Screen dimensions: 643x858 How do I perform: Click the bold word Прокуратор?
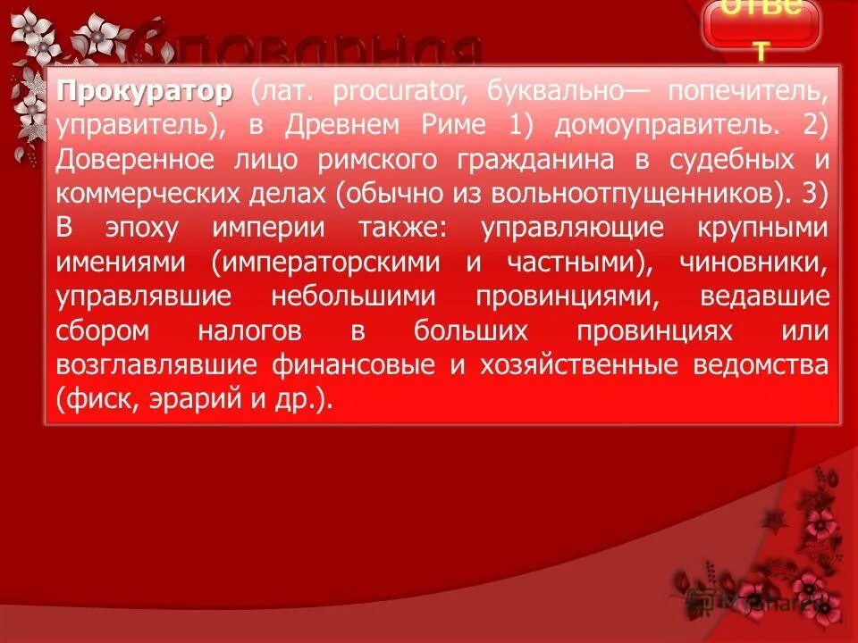coord(145,91)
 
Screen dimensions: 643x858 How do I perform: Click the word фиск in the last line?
coord(97,399)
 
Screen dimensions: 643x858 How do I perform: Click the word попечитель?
coord(744,91)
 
